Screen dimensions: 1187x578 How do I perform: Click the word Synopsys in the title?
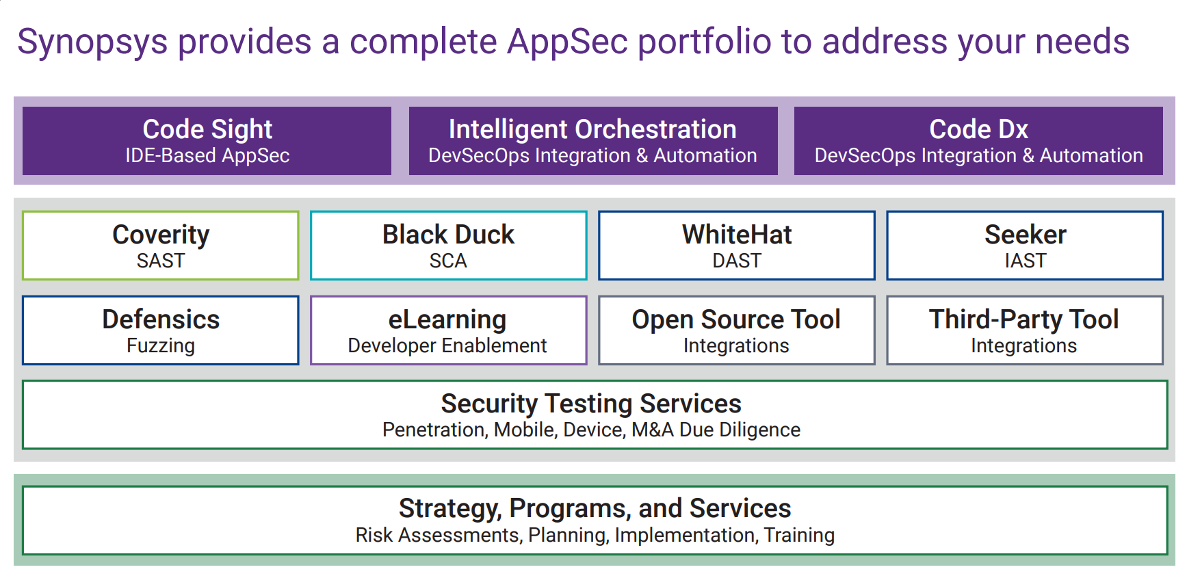click(x=92, y=42)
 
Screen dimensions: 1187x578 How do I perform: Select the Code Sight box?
click(x=207, y=141)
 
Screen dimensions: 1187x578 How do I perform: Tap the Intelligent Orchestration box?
click(x=593, y=141)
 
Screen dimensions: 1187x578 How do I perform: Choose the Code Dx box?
click(x=978, y=141)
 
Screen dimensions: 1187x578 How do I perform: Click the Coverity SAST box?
click(x=161, y=246)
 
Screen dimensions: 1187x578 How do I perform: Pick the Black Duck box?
click(x=449, y=246)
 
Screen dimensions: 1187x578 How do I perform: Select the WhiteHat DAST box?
click(x=737, y=246)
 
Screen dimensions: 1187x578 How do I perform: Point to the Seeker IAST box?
click(x=1025, y=246)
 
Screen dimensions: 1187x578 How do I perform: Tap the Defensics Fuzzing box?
click(x=161, y=330)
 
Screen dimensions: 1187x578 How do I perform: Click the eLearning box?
click(x=449, y=330)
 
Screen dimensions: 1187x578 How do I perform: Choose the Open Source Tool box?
click(x=737, y=330)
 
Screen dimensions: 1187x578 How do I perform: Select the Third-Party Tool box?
click(x=1025, y=330)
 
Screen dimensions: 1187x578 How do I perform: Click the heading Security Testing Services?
click(x=591, y=404)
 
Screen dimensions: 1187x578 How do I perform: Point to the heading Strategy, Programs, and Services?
click(x=595, y=509)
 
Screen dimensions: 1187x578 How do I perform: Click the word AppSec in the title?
click(x=567, y=42)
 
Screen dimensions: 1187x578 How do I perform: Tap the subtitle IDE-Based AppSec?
click(x=207, y=156)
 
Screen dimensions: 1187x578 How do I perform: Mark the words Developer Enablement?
click(x=447, y=346)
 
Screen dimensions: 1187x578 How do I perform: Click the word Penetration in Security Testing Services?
click(x=435, y=430)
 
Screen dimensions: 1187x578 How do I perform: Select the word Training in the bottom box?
click(x=799, y=535)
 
